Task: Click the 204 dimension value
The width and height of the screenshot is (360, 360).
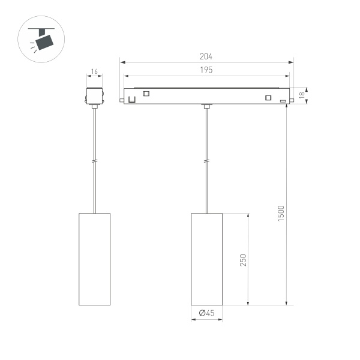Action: [x=206, y=56]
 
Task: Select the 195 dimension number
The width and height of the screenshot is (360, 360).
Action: [x=206, y=70]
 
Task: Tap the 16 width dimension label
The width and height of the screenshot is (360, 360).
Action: [x=94, y=71]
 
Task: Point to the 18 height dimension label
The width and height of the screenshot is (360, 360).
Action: [x=302, y=95]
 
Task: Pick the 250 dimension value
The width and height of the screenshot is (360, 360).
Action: [x=243, y=260]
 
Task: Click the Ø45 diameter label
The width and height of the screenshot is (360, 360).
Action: [x=206, y=313]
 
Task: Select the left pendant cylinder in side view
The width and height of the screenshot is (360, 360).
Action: [x=94, y=259]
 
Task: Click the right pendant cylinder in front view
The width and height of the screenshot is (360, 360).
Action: [x=206, y=259]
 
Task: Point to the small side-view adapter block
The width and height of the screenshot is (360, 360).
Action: [x=94, y=96]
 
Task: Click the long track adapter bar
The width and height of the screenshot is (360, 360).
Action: [x=206, y=95]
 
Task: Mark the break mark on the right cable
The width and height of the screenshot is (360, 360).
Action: [x=206, y=161]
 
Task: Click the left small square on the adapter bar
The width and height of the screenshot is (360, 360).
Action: [x=146, y=93]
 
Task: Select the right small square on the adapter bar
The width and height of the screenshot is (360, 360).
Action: [x=268, y=98]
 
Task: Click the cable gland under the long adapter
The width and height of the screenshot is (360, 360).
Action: [x=206, y=107]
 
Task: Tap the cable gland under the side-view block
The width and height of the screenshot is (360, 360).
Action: [x=94, y=107]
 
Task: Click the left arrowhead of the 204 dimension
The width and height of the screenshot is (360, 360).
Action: [x=121, y=61]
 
